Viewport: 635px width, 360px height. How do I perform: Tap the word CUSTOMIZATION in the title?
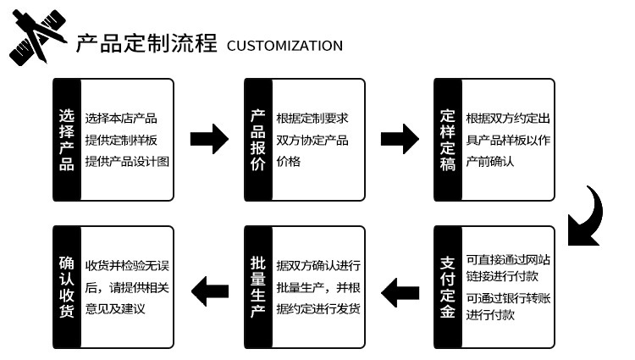pyautogui.click(x=284, y=46)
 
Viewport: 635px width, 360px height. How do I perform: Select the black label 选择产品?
pyautogui.click(x=67, y=140)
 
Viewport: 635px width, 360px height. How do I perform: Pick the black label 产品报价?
pyautogui.click(x=258, y=140)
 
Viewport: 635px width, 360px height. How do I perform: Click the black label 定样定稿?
pyautogui.click(x=448, y=140)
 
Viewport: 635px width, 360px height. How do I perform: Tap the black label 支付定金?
pyautogui.click(x=448, y=288)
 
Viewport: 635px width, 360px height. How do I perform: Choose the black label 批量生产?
pyautogui.click(x=258, y=288)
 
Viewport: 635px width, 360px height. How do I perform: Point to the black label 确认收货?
pyautogui.click(x=67, y=288)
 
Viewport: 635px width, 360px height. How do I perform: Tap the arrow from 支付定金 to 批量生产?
pyautogui.click(x=399, y=293)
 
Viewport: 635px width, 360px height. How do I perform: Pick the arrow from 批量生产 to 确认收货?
pyautogui.click(x=208, y=293)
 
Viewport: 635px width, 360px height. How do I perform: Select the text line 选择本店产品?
pyautogui.click(x=121, y=118)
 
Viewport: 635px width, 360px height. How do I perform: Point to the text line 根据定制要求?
pyautogui.click(x=312, y=118)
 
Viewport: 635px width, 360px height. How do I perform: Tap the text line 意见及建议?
pyautogui.click(x=115, y=309)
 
